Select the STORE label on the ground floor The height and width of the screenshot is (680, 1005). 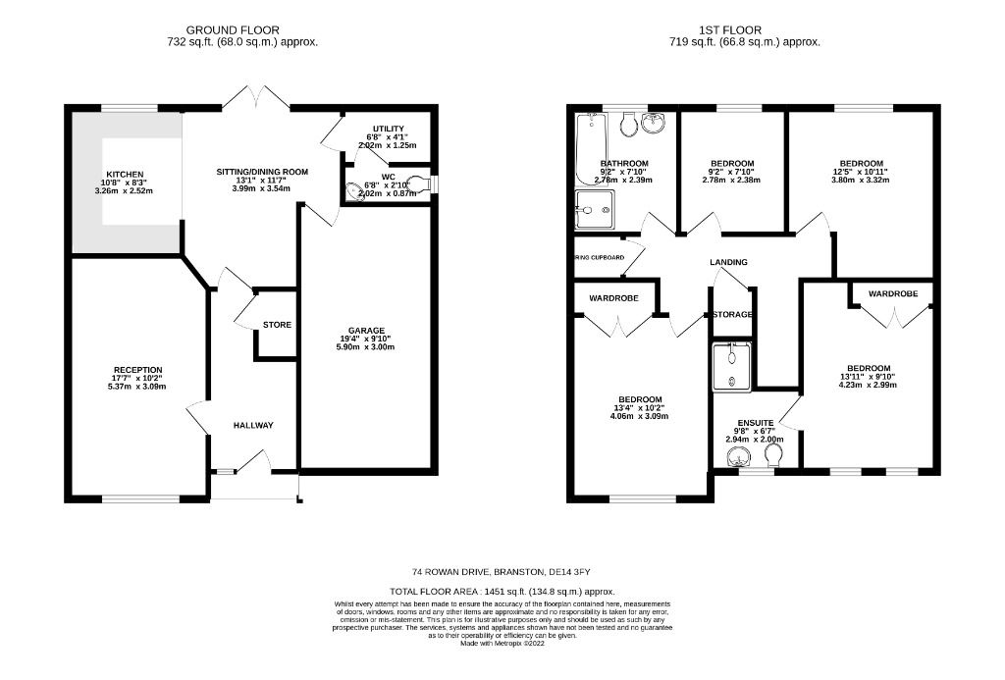(277, 325)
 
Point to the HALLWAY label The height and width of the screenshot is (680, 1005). (252, 425)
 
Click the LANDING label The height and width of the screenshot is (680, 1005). (729, 262)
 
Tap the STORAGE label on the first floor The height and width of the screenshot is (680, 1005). (732, 314)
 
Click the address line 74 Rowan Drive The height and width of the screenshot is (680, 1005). (502, 572)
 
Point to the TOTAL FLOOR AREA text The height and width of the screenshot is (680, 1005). (502, 592)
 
